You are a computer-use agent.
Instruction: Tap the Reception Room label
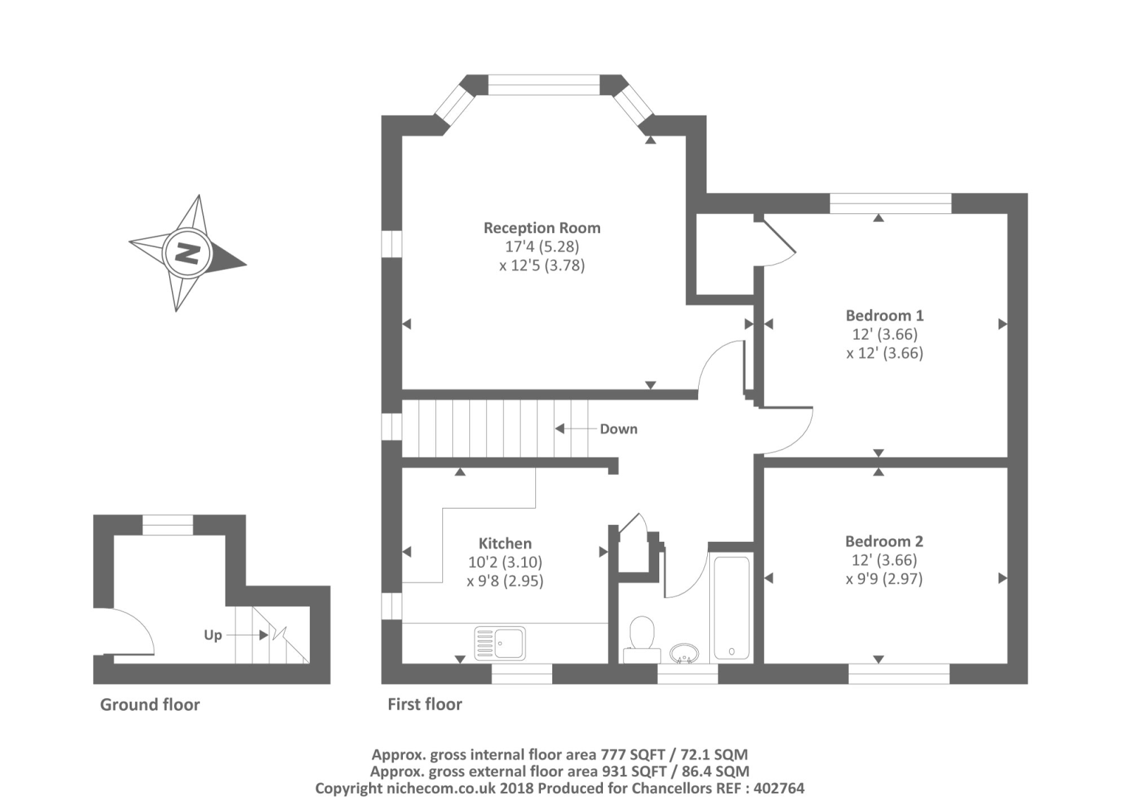542,228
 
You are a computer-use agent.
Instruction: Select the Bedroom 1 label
885,315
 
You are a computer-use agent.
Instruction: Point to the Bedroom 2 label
884,541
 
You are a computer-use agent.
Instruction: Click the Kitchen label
505,543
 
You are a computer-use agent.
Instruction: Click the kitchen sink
499,643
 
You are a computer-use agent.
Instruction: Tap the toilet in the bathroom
642,640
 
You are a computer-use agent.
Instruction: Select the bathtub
732,607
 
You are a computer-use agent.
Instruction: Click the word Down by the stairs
618,429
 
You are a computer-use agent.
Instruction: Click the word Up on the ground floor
213,636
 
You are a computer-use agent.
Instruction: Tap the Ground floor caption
150,704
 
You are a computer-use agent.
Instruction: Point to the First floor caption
425,704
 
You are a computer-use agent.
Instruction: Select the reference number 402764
779,788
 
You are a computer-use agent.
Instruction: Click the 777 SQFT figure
634,754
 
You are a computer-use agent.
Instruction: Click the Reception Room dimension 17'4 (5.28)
542,246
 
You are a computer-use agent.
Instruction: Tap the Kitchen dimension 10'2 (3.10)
505,562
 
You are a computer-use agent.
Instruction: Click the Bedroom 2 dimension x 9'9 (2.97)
884,578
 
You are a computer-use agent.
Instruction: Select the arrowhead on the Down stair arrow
559,429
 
